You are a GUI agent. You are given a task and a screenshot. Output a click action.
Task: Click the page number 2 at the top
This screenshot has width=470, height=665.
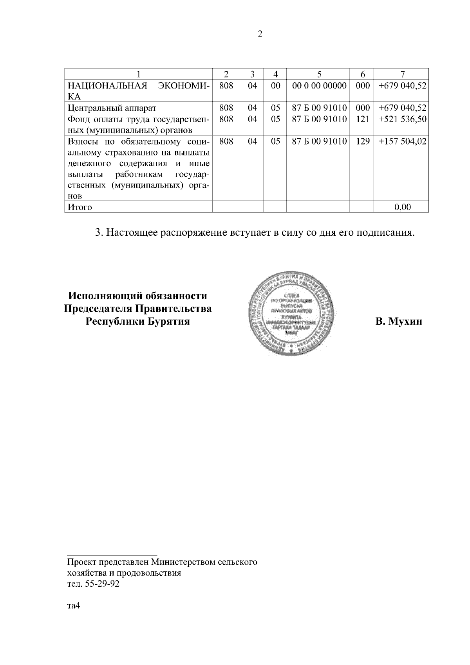point(260,34)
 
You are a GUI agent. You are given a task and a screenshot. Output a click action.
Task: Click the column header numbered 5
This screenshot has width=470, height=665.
point(319,74)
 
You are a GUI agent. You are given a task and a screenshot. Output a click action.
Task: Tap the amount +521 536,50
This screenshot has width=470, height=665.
point(402,119)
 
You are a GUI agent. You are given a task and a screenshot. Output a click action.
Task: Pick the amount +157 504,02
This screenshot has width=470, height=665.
point(402,141)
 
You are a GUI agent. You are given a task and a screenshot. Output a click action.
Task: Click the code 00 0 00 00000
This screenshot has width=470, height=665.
point(319,85)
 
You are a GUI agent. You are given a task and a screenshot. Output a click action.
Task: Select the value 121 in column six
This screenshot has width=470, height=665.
point(363,119)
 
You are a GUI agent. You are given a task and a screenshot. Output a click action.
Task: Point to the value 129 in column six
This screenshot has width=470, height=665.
point(363,141)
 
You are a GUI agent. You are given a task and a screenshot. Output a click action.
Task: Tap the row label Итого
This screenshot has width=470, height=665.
point(80,207)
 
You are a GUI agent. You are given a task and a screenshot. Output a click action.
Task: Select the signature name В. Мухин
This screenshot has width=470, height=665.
point(399,322)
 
